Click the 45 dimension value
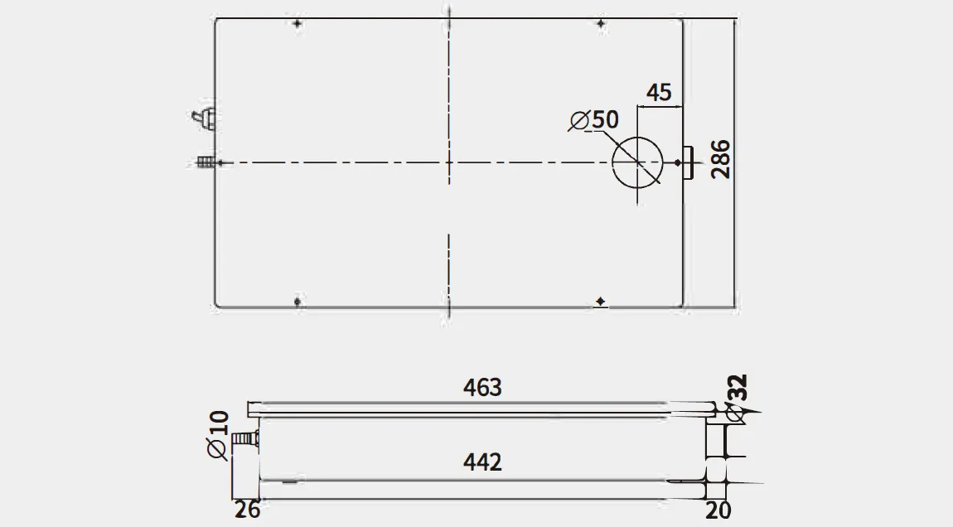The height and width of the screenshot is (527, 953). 659,92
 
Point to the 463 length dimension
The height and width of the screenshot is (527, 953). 482,388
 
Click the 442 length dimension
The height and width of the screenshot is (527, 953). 482,462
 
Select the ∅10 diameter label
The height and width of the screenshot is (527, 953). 217,434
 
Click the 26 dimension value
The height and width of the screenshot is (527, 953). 248,510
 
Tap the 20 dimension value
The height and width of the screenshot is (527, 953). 718,510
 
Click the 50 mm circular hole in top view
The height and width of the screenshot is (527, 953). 637,162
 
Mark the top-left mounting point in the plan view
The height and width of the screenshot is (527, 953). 297,24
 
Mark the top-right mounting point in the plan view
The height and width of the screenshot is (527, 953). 602,24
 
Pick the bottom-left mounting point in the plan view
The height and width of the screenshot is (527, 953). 297,301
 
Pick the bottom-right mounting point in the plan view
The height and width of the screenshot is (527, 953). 602,301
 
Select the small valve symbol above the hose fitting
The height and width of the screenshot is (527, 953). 205,119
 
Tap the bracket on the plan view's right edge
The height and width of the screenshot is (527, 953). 687,162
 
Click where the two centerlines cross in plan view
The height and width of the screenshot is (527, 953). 448,162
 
